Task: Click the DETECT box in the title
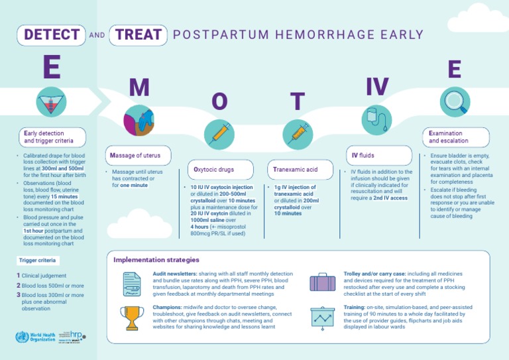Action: [x=52, y=35]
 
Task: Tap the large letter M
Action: [x=139, y=87]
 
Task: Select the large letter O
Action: [x=219, y=101]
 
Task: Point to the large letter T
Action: [x=298, y=101]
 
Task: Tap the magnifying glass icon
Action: [x=455, y=101]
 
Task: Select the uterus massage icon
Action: [x=139, y=119]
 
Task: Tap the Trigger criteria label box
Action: [x=38, y=261]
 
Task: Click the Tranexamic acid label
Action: [x=296, y=170]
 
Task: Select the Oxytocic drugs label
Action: [x=213, y=170]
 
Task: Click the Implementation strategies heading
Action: [x=156, y=260]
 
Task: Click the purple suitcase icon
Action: [x=323, y=282]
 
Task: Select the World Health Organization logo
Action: [x=36, y=336]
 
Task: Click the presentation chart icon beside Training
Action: [x=323, y=317]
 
